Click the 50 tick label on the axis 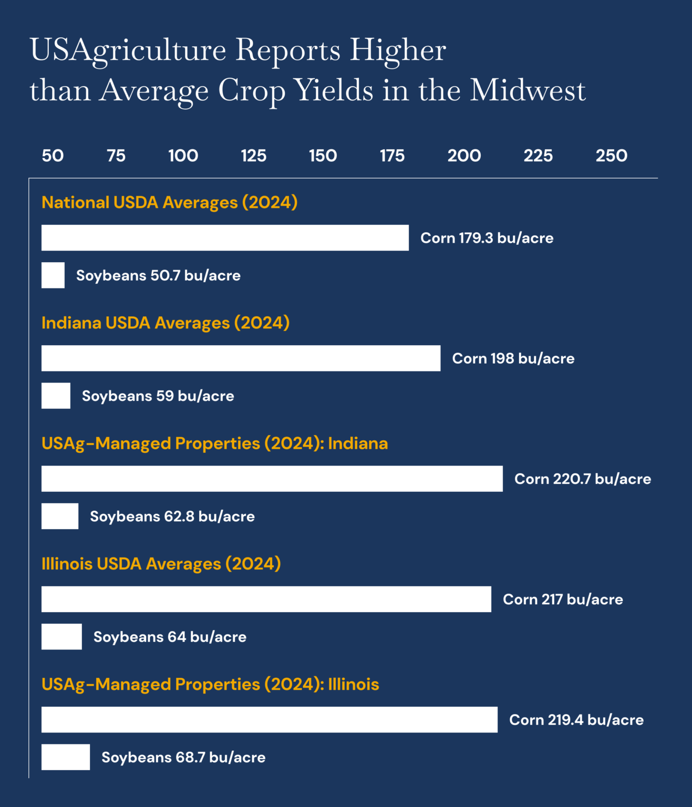(53, 156)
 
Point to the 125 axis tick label (253, 156)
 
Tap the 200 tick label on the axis (464, 156)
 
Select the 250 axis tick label (611, 156)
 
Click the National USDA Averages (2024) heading (169, 202)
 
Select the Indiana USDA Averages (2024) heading (166, 323)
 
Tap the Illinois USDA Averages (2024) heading (161, 564)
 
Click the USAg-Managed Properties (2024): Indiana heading (214, 443)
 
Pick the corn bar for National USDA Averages (225, 238)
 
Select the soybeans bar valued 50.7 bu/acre (53, 275)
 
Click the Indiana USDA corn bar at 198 (241, 358)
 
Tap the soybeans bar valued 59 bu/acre (56, 396)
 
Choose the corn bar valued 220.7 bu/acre (272, 479)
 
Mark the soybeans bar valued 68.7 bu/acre (66, 757)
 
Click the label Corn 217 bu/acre (563, 599)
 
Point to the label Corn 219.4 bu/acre (576, 720)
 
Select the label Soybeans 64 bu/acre (170, 637)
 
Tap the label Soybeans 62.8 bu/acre (172, 516)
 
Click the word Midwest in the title (527, 90)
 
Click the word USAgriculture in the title (128, 51)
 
